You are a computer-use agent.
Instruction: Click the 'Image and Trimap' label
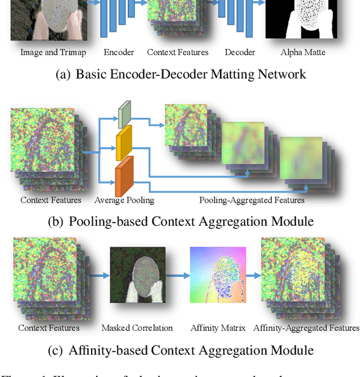pyautogui.click(x=53, y=52)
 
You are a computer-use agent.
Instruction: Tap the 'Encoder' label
pyautogui.click(x=119, y=52)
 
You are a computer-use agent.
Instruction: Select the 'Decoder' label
pyautogui.click(x=240, y=52)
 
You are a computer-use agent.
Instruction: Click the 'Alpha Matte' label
pyautogui.click(x=303, y=52)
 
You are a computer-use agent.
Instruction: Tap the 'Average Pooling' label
pyautogui.click(x=124, y=200)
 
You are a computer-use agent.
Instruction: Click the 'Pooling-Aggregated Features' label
pyautogui.click(x=251, y=200)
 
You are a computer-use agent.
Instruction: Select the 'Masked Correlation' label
pyautogui.click(x=137, y=327)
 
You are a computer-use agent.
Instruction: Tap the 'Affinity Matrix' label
pyautogui.click(x=218, y=327)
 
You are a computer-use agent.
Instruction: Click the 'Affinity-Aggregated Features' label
pyautogui.click(x=306, y=327)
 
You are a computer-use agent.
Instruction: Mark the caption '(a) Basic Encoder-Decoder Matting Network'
pyautogui.click(x=181, y=74)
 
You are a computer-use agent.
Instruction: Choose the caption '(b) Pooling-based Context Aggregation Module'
pyautogui.click(x=181, y=221)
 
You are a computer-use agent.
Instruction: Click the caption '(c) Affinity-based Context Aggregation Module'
pyautogui.click(x=181, y=350)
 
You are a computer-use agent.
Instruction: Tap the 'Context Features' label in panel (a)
pyautogui.click(x=178, y=52)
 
